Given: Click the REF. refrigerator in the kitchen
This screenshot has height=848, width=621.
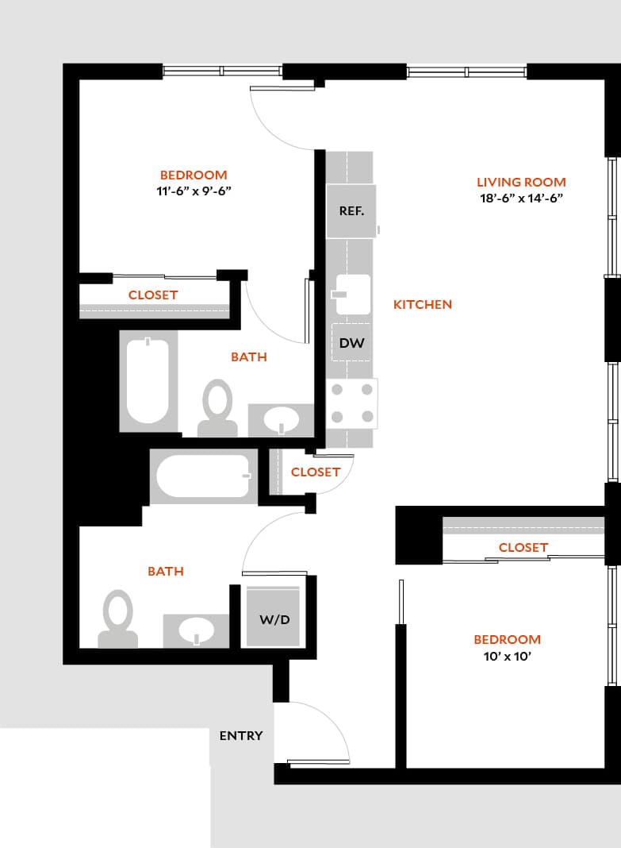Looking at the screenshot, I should click(x=351, y=211).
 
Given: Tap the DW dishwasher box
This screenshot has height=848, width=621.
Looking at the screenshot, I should click(x=351, y=343).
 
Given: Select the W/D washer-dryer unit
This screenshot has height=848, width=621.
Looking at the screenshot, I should click(x=274, y=618).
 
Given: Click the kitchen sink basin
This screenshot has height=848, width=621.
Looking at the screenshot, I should click(x=351, y=295).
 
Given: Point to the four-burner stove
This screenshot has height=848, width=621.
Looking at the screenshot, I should click(x=352, y=403).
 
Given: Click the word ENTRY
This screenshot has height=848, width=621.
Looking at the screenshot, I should click(x=241, y=736).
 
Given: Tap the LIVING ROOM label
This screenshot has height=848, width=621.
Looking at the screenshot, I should click(x=521, y=183).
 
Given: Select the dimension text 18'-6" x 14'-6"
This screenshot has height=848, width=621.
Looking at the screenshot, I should click(x=521, y=199).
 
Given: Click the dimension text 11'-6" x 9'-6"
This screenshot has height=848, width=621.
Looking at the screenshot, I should click(x=194, y=191).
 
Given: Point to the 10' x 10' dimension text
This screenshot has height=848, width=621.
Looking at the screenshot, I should click(x=508, y=656).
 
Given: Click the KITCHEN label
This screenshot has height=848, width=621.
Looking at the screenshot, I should click(x=423, y=304).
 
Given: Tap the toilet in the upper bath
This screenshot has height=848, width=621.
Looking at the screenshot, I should click(x=217, y=407).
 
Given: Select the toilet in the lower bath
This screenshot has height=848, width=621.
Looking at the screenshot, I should click(x=118, y=617).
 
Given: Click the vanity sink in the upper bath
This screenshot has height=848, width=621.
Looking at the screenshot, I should click(x=282, y=421).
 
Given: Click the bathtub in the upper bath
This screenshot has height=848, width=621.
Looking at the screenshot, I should click(x=148, y=381).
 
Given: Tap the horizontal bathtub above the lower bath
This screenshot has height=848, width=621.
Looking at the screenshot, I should click(x=203, y=476).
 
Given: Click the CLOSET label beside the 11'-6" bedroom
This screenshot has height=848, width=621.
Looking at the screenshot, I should click(x=153, y=295).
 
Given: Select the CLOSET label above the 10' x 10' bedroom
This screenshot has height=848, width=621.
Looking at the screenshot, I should click(x=523, y=547).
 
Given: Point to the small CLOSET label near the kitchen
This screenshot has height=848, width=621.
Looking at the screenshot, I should click(x=316, y=472).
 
